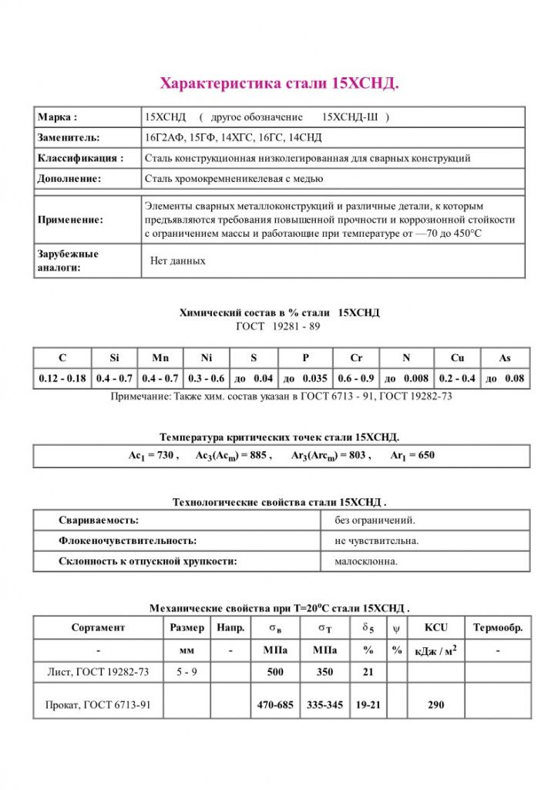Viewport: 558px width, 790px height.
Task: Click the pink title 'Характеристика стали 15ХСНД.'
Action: point(279,83)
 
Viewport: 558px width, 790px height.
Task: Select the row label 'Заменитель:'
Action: point(68,137)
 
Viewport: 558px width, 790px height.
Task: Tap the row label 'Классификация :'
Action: point(80,158)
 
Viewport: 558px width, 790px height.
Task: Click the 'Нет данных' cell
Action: point(178,261)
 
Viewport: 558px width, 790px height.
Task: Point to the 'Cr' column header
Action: point(356,358)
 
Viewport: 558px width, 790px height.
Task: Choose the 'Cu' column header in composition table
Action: point(458,358)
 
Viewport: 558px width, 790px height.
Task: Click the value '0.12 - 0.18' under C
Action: point(62,378)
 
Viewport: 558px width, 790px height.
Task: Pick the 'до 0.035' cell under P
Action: point(305,378)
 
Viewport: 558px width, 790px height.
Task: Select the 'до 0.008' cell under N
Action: point(406,378)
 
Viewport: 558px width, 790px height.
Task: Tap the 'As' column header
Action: point(504,358)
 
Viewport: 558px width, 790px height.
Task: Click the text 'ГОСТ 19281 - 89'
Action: point(278,326)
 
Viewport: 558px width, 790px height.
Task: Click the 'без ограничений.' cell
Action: point(375,521)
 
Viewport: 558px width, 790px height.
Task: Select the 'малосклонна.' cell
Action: point(366,561)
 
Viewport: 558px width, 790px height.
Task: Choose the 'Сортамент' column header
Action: point(98,628)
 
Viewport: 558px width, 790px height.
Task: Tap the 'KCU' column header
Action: point(435,628)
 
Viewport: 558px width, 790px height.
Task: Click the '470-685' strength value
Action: point(274,705)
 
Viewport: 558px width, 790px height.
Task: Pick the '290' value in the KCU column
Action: point(435,705)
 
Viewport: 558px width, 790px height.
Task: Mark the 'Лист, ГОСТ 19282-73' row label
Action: point(98,672)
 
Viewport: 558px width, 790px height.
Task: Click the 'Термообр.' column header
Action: point(498,628)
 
